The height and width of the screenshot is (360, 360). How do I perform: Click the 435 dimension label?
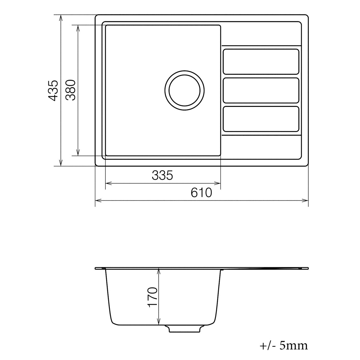coord(53,90)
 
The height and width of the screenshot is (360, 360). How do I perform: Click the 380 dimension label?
coord(70,90)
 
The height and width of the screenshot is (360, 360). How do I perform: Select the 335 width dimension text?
coord(162,175)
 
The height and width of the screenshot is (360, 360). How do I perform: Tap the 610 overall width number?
coord(201,193)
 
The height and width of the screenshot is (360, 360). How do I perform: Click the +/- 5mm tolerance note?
coord(283,346)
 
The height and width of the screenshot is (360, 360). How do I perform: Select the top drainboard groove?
coord(261,61)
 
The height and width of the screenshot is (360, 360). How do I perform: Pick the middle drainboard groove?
coord(261,90)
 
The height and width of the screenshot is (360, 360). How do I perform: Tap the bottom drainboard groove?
coord(261,119)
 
